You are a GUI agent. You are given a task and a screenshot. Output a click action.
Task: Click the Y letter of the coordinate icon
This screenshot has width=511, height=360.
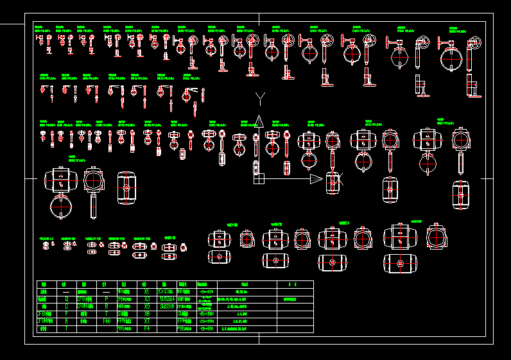[x=260, y=98]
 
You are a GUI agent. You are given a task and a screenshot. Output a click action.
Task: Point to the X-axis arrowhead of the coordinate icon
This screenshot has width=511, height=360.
[x=316, y=178]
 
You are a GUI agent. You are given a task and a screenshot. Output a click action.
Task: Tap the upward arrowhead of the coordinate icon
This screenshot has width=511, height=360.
[x=258, y=121]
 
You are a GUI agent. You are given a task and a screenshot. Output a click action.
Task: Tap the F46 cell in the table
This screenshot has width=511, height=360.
[x=106, y=321]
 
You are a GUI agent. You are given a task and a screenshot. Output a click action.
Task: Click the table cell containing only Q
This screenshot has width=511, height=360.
[x=65, y=298]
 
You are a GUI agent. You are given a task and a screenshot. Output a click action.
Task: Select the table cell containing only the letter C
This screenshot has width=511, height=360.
[x=65, y=306]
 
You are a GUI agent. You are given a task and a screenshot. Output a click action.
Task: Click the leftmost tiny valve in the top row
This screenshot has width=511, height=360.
[x=39, y=40]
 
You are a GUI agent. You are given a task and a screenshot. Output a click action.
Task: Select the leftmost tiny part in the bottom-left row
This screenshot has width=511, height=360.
[x=46, y=245]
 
